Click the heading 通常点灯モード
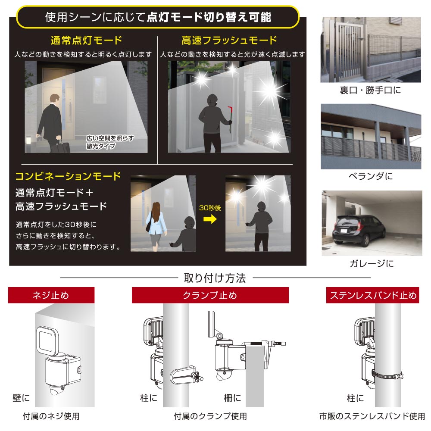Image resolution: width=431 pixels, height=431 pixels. [86, 41]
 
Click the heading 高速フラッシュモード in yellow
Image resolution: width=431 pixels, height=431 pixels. [229, 41]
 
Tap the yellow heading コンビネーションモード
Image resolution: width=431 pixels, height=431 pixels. [68, 176]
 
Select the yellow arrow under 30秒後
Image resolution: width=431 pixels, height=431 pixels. [210, 219]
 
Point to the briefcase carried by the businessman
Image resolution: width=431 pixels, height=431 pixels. [63, 147]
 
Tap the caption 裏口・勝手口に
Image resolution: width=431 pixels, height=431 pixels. [370, 90]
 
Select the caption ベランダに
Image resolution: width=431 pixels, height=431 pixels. [371, 176]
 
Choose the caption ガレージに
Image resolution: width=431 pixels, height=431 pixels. [372, 264]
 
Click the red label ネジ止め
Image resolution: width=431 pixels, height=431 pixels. [51, 295]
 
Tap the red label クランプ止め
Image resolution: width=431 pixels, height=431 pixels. [210, 295]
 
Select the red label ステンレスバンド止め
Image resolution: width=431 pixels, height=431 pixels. [373, 295]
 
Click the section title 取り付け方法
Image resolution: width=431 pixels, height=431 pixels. [215, 278]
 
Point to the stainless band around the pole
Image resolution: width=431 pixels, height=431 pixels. [388, 375]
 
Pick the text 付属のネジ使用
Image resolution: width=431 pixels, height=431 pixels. [51, 416]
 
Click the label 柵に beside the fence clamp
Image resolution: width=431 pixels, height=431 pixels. [232, 398]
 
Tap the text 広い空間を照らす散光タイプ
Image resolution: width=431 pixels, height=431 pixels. [110, 142]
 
